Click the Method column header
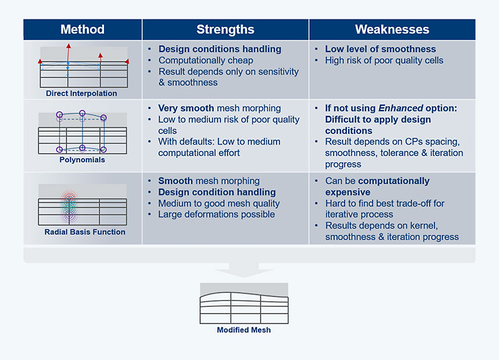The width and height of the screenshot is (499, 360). point(82,29)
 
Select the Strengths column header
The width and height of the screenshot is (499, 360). point(225,29)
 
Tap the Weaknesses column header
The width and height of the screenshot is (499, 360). point(392,29)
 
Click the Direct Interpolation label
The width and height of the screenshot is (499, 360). point(81,93)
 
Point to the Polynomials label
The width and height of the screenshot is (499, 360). point(82,160)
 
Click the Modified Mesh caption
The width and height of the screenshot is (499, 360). point(244,329)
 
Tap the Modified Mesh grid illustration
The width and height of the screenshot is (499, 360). point(244,304)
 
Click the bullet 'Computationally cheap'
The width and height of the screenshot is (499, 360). point(205,61)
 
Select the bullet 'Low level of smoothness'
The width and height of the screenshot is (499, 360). point(380,49)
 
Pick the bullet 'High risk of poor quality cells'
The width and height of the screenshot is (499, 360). point(384,61)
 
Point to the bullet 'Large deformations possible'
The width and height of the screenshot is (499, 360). point(217,214)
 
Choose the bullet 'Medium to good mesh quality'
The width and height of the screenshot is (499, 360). point(219,203)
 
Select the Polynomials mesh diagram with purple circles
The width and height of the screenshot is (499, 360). point(82,132)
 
